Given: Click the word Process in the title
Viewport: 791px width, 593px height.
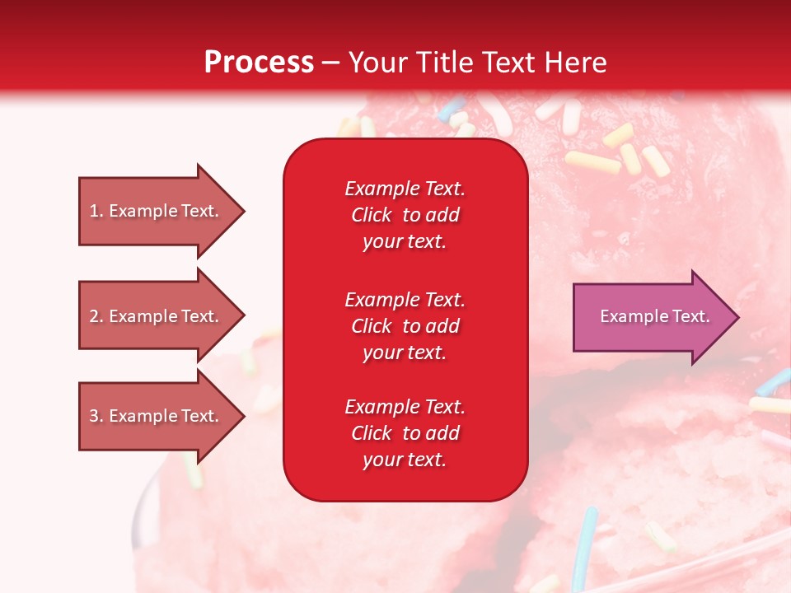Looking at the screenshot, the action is coord(260,63).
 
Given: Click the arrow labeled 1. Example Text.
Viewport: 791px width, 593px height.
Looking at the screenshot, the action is coord(161,211).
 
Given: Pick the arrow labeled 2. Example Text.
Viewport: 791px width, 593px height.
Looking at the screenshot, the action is coord(161,315).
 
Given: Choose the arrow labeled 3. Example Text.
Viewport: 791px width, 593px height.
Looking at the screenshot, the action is coord(161,415).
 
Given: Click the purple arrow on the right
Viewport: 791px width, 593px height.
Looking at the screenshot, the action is coord(656,317).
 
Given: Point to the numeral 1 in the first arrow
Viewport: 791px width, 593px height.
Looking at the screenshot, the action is coord(94,211).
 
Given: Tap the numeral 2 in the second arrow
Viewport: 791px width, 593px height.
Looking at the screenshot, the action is coord(94,316).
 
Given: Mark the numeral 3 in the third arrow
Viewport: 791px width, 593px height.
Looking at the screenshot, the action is coord(94,415).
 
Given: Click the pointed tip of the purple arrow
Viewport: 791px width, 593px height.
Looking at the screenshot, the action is coord(739,317).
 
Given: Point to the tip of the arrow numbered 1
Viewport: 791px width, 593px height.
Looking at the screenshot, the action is coord(246,211).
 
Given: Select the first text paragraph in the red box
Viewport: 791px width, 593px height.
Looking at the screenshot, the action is coord(405,215).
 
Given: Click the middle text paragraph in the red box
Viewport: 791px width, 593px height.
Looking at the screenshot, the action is coord(405,326).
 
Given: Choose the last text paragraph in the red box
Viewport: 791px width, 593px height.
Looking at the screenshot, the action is coord(405,432).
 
